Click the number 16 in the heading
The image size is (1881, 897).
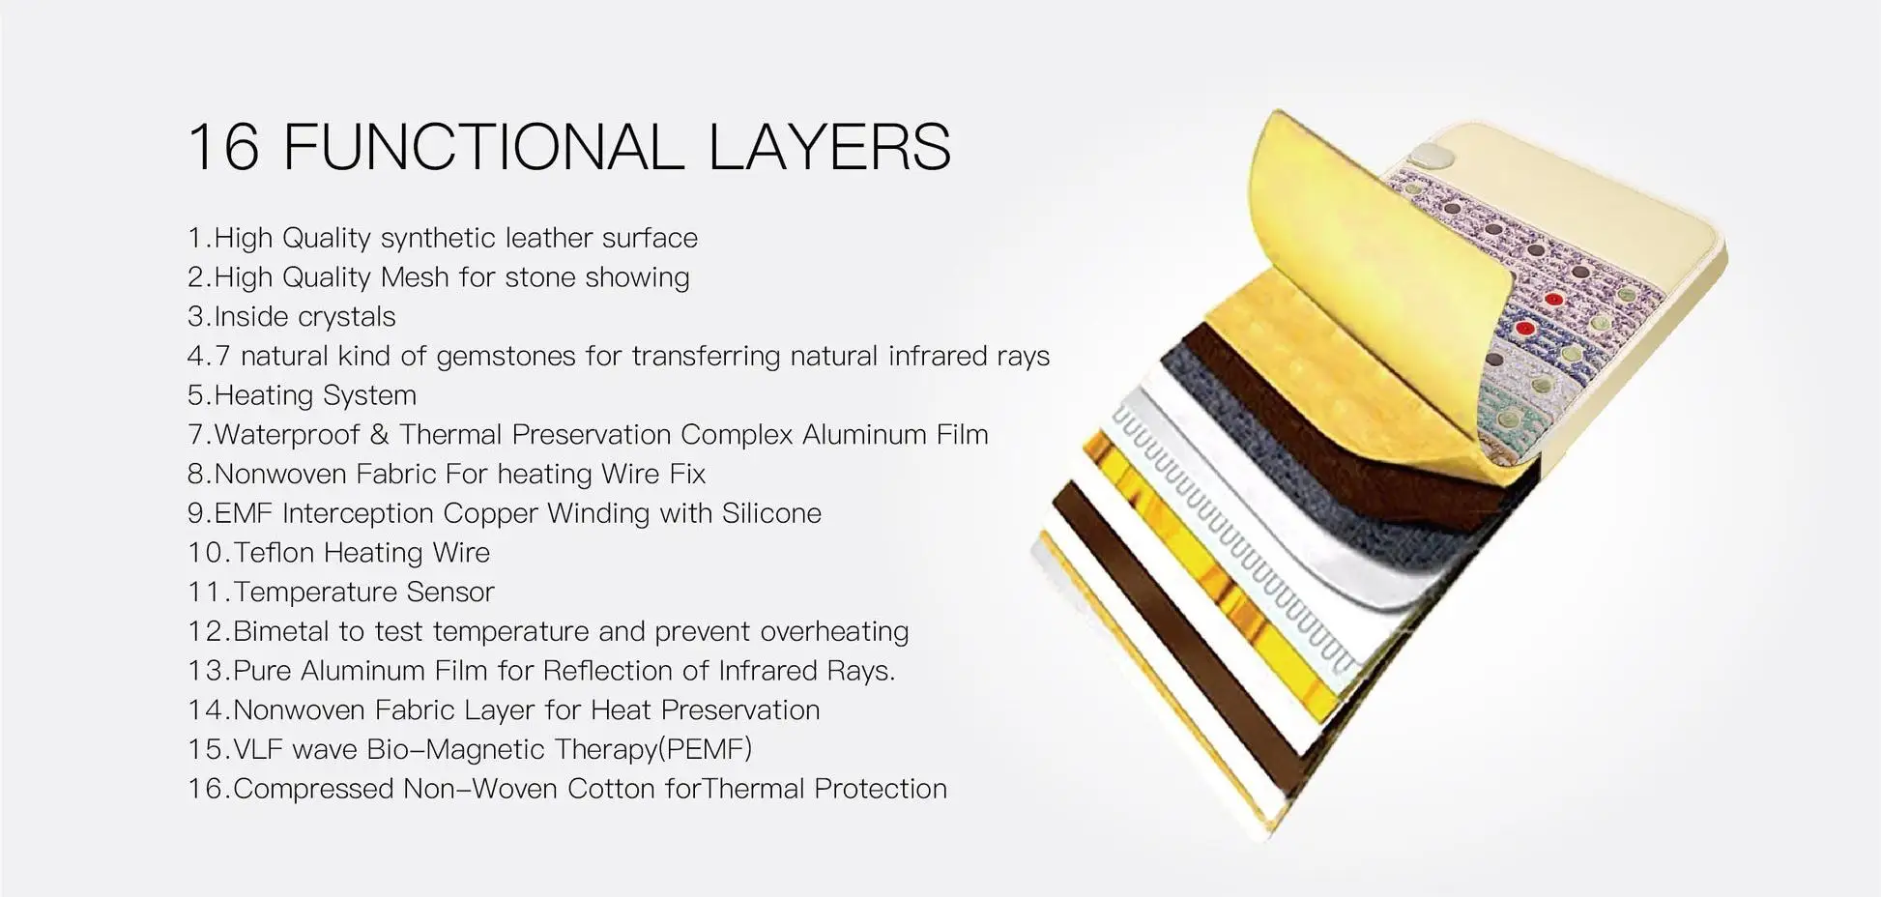[x=224, y=147]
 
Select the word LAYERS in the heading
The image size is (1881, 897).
[x=830, y=147]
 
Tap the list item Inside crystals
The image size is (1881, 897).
[x=292, y=317]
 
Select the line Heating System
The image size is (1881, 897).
[x=302, y=395]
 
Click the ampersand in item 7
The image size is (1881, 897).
[x=379, y=435]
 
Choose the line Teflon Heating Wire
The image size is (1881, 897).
[x=338, y=553]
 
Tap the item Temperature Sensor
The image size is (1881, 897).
[x=341, y=593]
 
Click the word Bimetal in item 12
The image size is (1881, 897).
[x=280, y=632]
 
